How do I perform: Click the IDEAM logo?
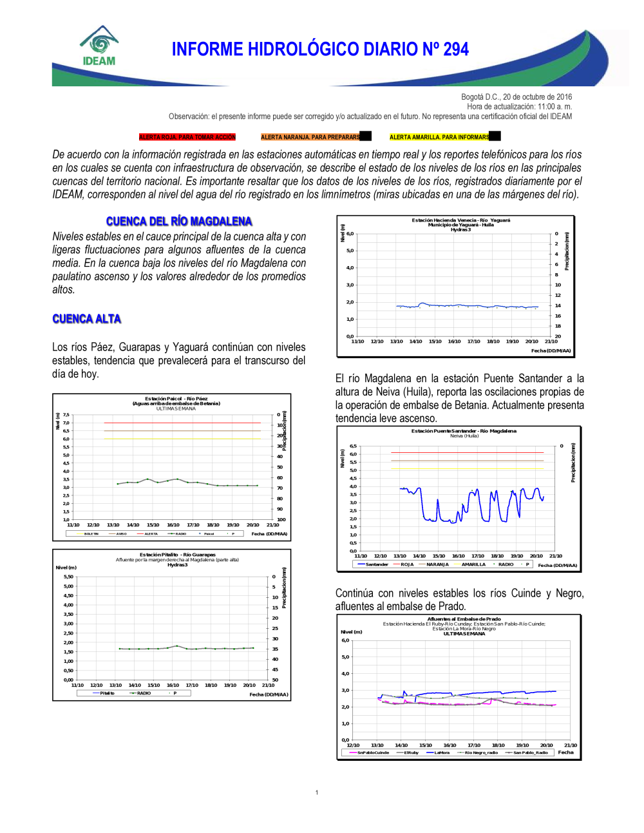(x=99, y=46)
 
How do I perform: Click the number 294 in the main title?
(x=455, y=50)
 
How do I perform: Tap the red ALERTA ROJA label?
(x=187, y=137)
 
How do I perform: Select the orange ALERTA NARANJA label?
(x=310, y=137)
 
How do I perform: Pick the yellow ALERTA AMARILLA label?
(x=439, y=137)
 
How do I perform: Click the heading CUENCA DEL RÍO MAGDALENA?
(x=179, y=222)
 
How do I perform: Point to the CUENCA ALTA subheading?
(x=86, y=319)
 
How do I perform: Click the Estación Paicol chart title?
(x=176, y=399)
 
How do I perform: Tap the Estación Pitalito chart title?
(x=177, y=555)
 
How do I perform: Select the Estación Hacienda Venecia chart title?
(x=460, y=220)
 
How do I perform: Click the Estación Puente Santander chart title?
(x=464, y=431)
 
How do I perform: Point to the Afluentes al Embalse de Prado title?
(x=464, y=619)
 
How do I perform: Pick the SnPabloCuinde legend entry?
(x=373, y=752)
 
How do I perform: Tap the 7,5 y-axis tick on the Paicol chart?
(x=66, y=416)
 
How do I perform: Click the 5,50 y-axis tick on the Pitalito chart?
(x=68, y=577)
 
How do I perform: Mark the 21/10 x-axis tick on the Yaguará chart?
(x=551, y=341)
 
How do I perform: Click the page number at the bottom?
(x=317, y=792)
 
